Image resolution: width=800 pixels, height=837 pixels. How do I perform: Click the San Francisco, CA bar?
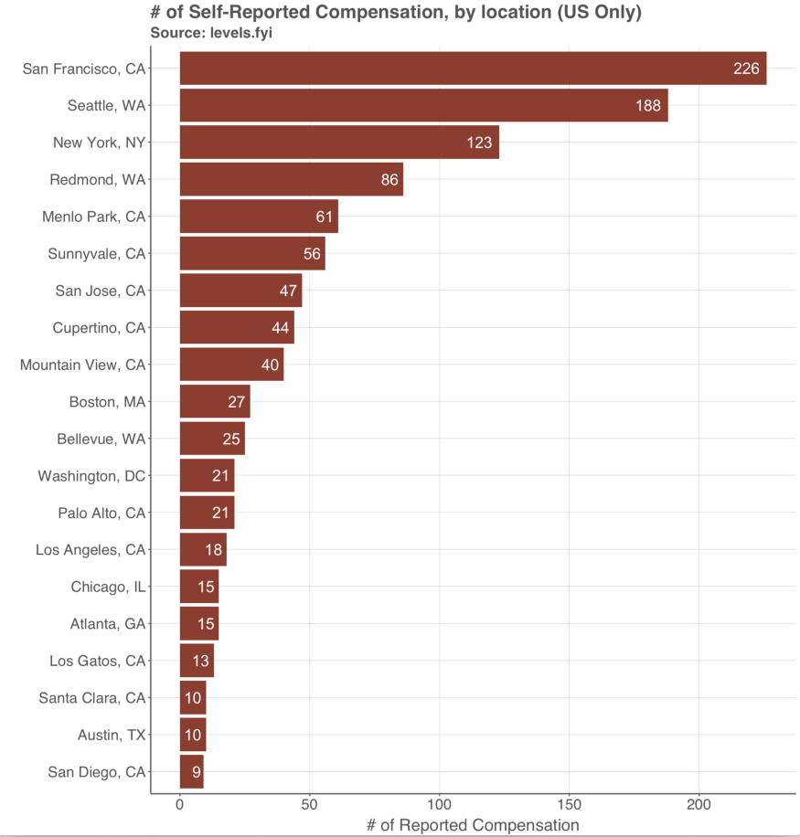coord(473,69)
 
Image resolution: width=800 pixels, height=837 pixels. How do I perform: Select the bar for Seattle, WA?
coord(423,105)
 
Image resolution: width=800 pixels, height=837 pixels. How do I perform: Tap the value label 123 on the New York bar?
coord(479,143)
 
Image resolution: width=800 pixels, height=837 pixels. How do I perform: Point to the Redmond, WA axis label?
coord(98,179)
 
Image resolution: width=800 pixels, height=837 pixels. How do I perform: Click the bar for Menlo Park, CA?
coord(259,217)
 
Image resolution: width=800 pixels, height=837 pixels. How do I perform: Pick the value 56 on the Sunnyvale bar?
coord(312,254)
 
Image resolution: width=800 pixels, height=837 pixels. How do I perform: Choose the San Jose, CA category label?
coord(101,291)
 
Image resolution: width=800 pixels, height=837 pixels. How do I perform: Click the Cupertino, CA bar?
coord(237,328)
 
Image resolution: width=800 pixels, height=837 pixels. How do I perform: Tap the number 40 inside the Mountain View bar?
coord(270,365)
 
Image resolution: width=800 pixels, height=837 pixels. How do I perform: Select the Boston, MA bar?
coord(215,402)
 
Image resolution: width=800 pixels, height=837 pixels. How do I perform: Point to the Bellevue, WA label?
coord(101,439)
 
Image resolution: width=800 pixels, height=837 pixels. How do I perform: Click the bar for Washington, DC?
coord(207,476)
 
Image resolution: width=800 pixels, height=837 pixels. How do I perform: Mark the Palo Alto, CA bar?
coord(207,513)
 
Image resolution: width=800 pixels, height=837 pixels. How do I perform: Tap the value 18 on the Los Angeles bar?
coord(213,550)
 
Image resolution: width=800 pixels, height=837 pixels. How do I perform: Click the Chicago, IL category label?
coord(108,587)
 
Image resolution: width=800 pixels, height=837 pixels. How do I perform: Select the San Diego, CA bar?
coord(191,772)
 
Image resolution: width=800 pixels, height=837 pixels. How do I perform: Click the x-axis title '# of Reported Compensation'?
coord(473,825)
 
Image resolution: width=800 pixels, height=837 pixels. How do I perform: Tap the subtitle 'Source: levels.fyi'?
coord(211,33)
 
